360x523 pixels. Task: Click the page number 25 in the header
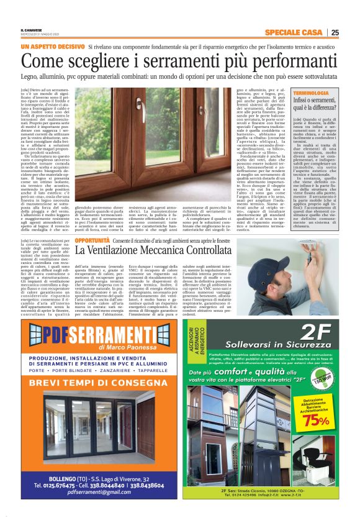point(335,33)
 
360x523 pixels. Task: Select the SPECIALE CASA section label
point(295,33)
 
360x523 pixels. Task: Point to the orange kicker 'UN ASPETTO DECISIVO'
point(52,47)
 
